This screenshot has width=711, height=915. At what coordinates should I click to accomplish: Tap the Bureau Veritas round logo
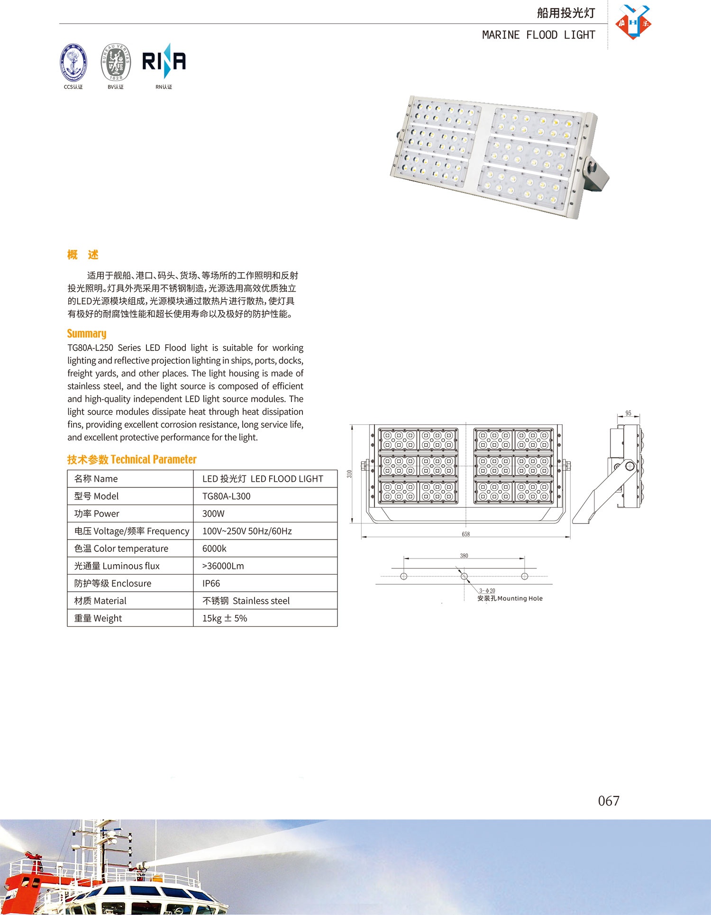click(115, 63)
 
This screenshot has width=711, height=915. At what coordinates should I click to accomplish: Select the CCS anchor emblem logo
click(73, 63)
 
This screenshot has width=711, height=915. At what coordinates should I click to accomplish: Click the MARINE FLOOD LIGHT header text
click(538, 35)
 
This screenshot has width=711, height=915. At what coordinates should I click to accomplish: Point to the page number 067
click(609, 801)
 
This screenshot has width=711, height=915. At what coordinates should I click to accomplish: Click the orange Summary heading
click(87, 333)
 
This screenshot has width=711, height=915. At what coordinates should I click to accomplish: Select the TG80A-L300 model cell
click(227, 496)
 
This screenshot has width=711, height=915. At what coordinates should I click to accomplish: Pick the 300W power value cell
click(214, 514)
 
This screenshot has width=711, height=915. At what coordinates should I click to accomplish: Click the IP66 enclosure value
click(211, 584)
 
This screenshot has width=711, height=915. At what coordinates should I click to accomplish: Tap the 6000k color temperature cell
click(214, 549)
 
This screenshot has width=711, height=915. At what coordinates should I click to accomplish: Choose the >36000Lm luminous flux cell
click(223, 566)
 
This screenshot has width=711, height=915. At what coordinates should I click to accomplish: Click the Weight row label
click(98, 618)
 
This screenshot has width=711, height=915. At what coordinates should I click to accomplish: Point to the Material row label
click(100, 601)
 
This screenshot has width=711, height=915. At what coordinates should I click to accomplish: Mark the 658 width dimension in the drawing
click(466, 534)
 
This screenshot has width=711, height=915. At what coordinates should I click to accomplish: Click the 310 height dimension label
click(350, 474)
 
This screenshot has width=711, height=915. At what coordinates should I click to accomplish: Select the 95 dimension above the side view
click(628, 413)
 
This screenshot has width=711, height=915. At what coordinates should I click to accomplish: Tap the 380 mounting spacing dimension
click(464, 556)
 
